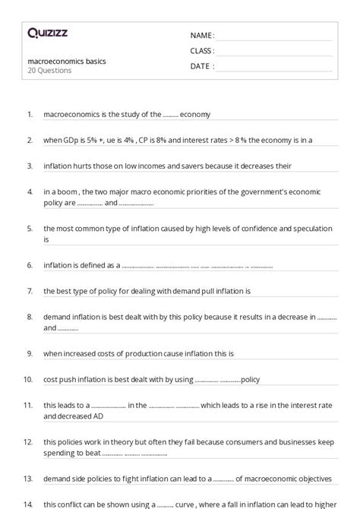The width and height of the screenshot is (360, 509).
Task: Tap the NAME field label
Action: [x=201, y=35]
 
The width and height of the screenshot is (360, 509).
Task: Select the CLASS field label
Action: [x=202, y=51]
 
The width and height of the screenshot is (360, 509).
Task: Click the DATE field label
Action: [x=201, y=66]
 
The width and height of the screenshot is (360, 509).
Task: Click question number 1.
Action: [x=29, y=114]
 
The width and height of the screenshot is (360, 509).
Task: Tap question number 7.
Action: [x=29, y=290]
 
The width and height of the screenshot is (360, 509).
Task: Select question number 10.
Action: [x=28, y=378]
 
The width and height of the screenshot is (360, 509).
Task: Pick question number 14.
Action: [x=28, y=504]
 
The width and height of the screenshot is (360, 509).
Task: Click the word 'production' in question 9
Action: [x=147, y=353]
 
